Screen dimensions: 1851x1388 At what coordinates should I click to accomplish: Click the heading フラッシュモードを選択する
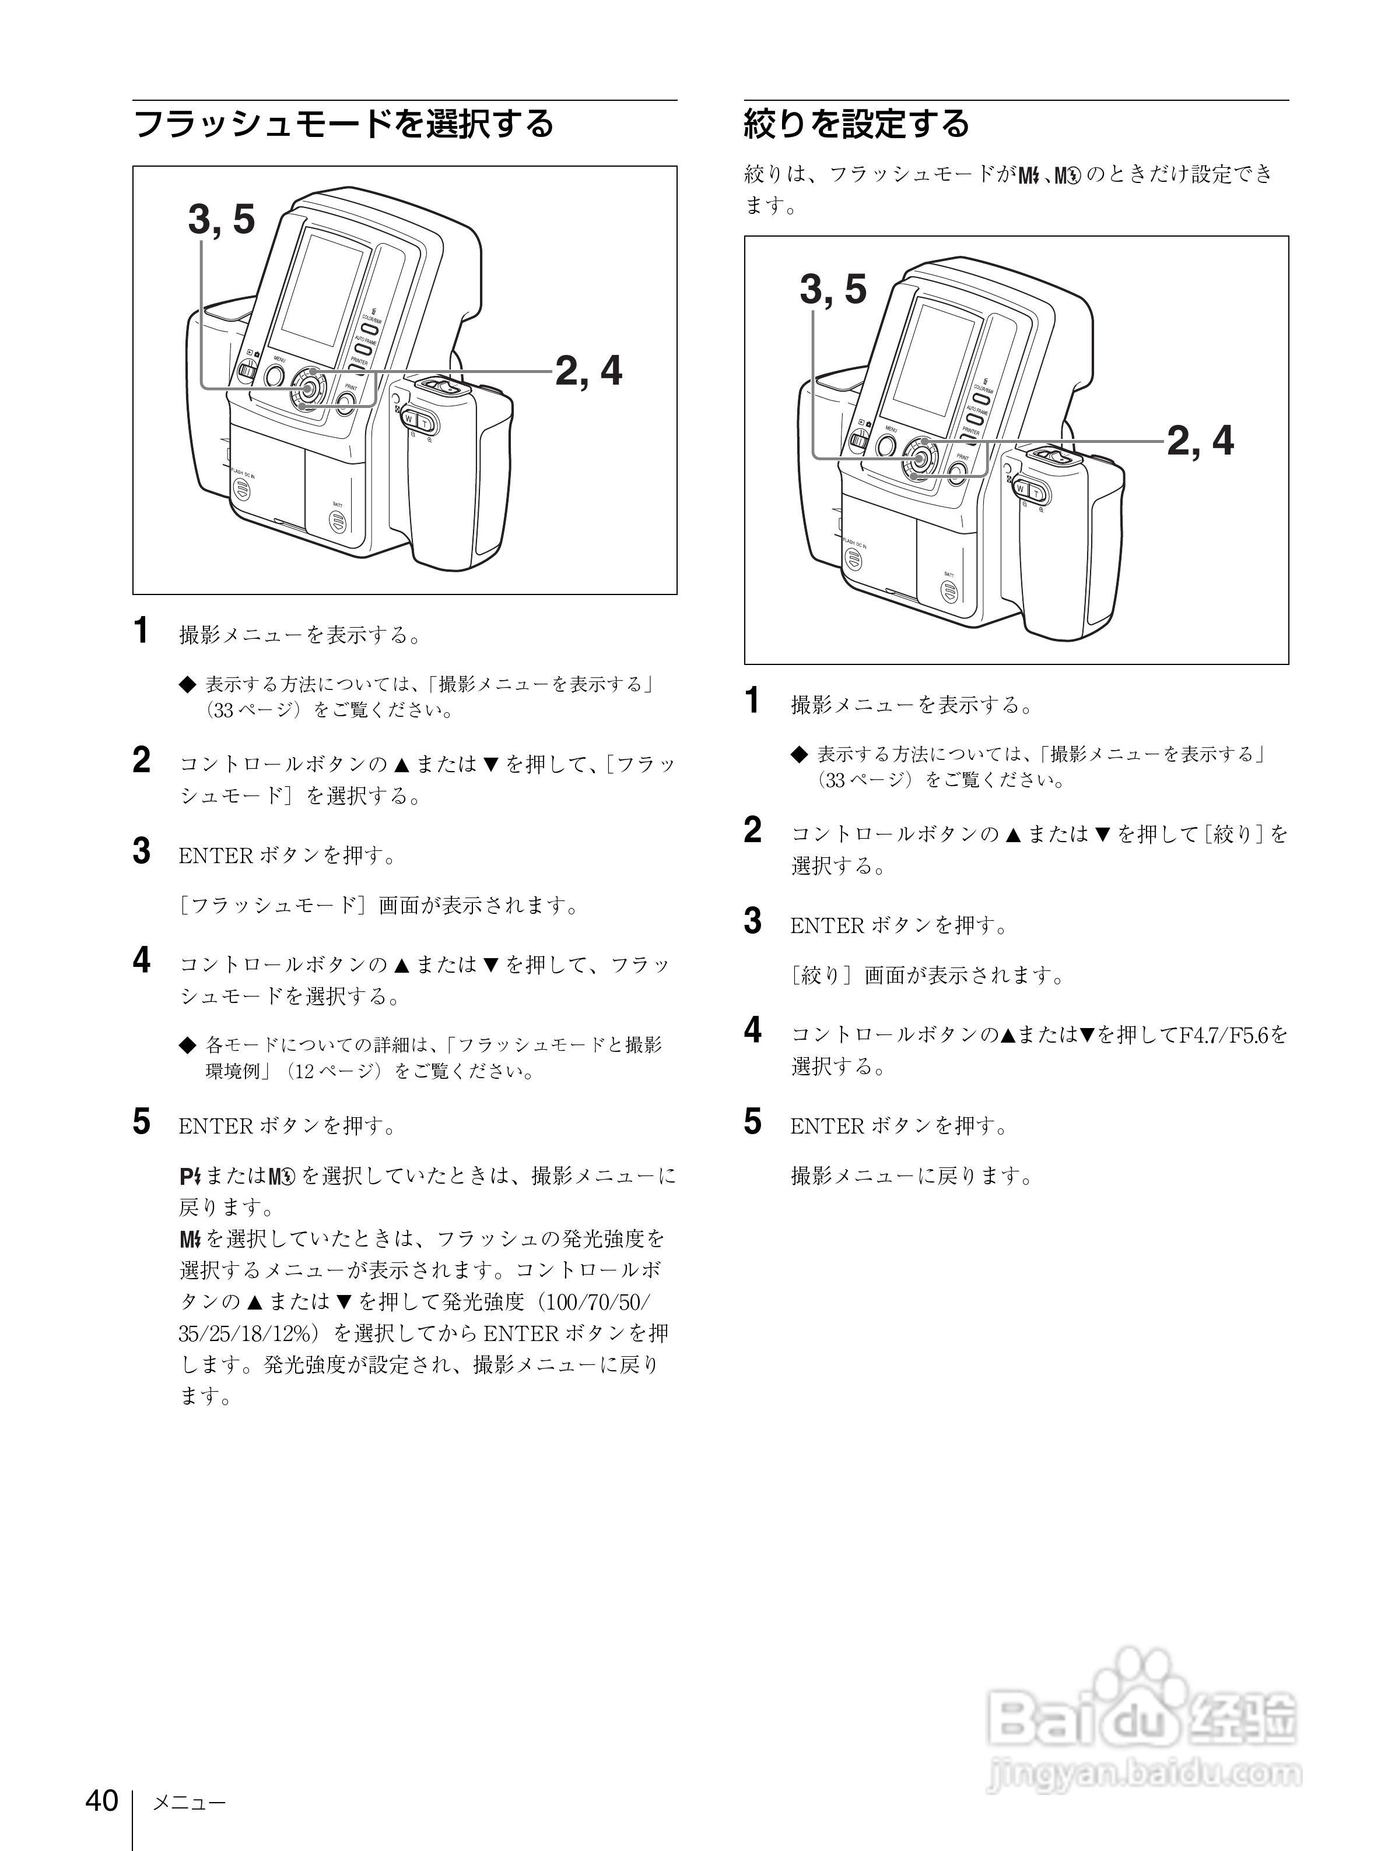[344, 124]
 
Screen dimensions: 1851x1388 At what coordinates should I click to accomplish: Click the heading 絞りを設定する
[856, 124]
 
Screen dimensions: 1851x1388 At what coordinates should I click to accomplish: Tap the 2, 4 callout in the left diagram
[588, 371]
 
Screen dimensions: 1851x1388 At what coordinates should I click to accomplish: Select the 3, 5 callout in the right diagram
[833, 290]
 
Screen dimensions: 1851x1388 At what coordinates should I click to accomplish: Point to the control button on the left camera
[307, 388]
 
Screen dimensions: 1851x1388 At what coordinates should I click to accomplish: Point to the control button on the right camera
[919, 458]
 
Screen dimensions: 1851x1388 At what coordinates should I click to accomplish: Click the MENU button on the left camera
[275, 376]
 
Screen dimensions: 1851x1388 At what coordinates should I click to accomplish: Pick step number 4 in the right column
[753, 1030]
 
